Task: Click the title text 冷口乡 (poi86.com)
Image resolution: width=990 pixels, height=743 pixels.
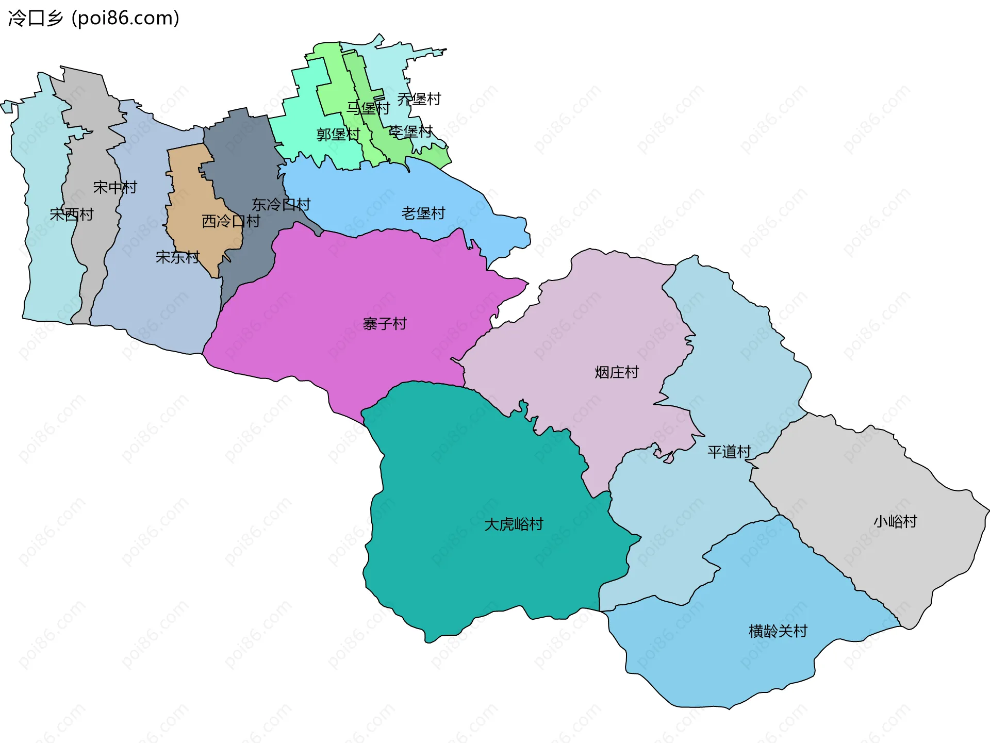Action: coord(94,19)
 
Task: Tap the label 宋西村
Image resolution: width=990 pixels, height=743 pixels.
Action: coord(72,214)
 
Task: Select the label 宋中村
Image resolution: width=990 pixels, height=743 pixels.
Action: coord(115,187)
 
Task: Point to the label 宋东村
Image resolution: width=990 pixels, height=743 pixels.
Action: coord(177,257)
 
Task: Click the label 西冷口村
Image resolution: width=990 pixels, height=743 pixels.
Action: coord(231,221)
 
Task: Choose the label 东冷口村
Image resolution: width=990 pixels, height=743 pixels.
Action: coord(281,205)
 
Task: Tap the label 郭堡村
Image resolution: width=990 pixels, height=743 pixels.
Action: coord(338,135)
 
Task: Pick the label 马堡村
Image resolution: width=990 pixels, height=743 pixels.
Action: coord(368,108)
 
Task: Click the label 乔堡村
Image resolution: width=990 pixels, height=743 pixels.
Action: coord(419,99)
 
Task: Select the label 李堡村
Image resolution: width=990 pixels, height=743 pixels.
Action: coord(410,131)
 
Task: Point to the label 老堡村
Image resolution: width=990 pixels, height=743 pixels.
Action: coord(423,213)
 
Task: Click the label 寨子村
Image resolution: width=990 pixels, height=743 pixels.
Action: coord(385,324)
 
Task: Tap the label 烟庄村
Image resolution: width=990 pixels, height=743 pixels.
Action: coord(617,372)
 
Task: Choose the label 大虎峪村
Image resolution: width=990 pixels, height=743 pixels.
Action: coord(514,524)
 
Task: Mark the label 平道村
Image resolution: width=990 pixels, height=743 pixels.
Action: coord(729,452)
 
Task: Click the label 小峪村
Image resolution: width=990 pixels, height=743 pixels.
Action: coord(895,521)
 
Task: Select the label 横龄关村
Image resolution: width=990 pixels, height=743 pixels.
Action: coord(778,631)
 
